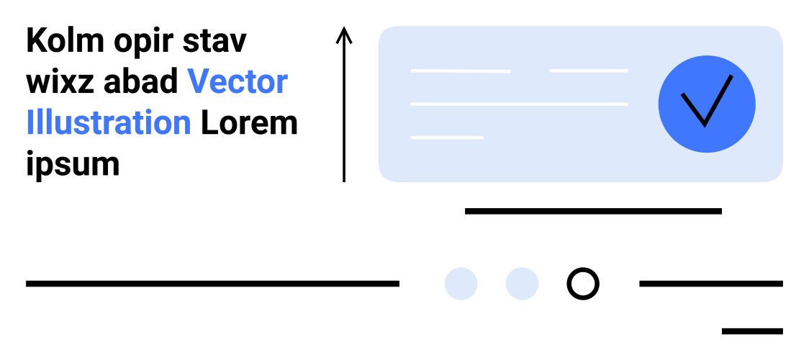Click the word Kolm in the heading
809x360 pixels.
63,41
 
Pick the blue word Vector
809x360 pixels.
238,83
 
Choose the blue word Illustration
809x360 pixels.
109,123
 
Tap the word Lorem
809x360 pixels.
249,123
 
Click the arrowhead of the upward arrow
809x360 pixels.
344,33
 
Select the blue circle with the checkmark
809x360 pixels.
707,104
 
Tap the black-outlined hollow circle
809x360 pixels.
582,284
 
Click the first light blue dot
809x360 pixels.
461,284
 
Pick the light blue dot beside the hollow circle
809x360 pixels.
522,284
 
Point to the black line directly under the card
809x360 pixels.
593,211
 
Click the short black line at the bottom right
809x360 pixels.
752,331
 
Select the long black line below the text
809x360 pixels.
212,284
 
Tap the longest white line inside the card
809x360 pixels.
519,104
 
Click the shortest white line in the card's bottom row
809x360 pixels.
446,137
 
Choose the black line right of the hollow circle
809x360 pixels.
710,284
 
